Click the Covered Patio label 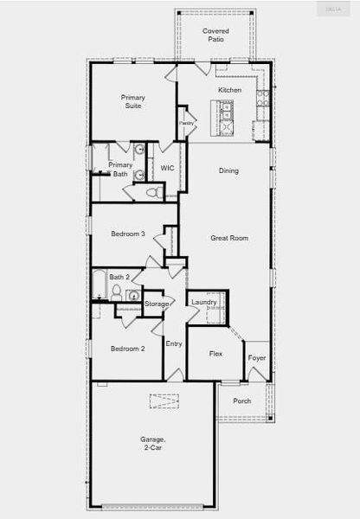(x=215, y=35)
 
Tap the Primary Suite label (x=133, y=102)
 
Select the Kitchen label (x=229, y=90)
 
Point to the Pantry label (x=186, y=124)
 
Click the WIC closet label (x=167, y=168)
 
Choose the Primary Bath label (x=120, y=169)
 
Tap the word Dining (x=228, y=170)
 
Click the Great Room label (x=229, y=237)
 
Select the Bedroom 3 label (x=127, y=234)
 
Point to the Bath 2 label (x=119, y=277)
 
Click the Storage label (x=157, y=304)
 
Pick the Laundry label (x=204, y=302)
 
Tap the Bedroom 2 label (x=127, y=349)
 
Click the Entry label (x=174, y=343)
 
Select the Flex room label (x=217, y=353)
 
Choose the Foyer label (x=257, y=357)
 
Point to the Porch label (x=242, y=400)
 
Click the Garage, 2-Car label (x=152, y=444)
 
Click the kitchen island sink (x=226, y=110)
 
